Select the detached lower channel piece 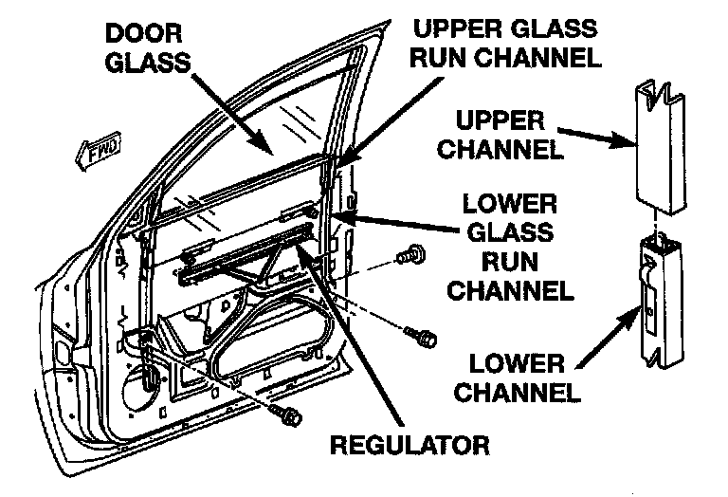(x=662, y=303)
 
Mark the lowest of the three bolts (x=288, y=414)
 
